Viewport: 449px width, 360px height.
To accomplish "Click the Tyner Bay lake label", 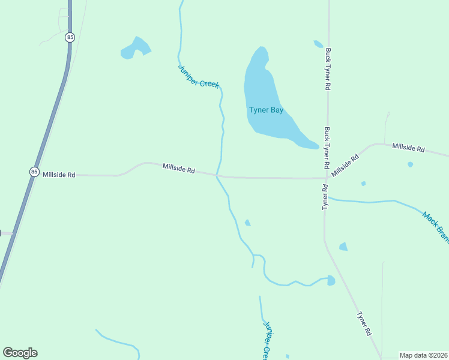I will (266, 110).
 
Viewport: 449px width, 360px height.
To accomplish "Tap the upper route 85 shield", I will (71, 37).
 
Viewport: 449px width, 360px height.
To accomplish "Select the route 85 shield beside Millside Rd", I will (34, 172).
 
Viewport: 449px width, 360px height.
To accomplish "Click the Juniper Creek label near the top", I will (199, 76).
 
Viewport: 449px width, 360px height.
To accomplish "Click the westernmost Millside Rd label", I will (59, 175).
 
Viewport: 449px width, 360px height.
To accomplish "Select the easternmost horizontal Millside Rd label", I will (408, 148).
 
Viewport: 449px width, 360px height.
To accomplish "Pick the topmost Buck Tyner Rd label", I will (328, 70).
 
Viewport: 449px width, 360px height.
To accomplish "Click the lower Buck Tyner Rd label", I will (327, 147).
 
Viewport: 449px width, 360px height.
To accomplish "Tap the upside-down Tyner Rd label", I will (325, 197).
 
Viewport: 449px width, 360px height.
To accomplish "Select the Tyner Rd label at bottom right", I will (364, 323).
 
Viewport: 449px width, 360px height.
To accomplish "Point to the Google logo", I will (20, 353).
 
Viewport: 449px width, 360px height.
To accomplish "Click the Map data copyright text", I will (423, 355).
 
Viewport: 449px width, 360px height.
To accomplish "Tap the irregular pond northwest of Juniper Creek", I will (135, 49).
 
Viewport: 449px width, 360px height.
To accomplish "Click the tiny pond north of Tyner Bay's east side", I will (318, 44).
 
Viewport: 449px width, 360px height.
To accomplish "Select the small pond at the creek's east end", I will (331, 280).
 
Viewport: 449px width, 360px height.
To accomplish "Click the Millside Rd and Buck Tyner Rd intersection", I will (327, 178).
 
